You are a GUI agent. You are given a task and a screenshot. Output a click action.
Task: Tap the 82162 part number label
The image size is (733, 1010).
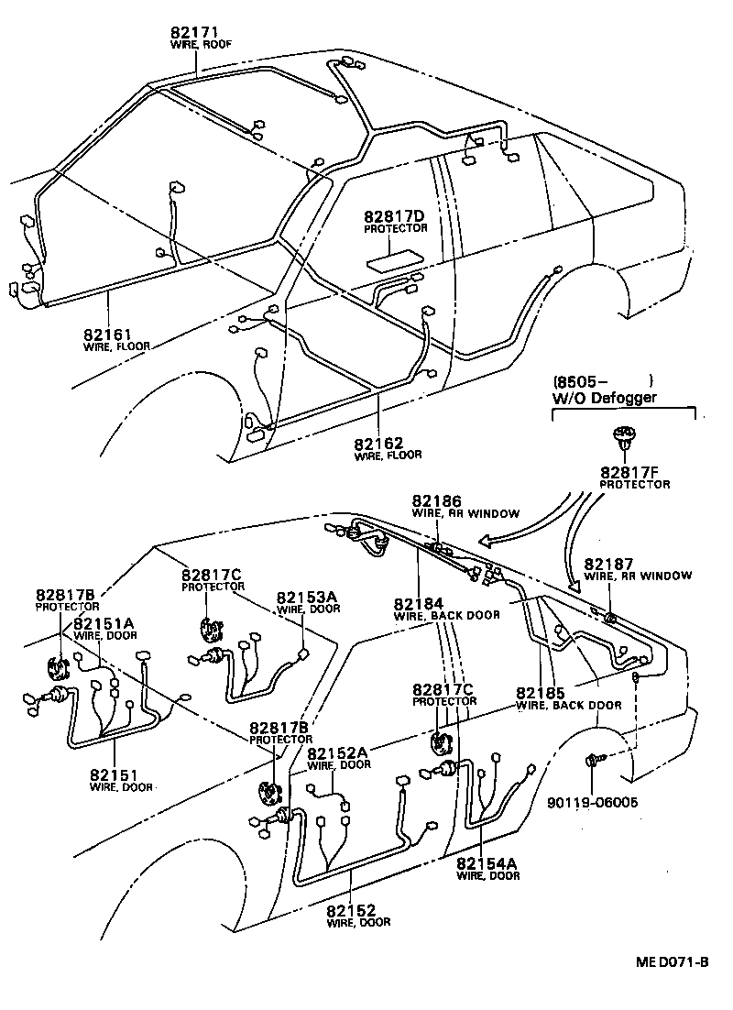click(380, 443)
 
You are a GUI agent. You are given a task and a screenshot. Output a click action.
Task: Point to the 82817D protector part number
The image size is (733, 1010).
click(395, 216)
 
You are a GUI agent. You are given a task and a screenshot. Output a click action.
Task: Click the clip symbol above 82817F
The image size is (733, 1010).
click(625, 436)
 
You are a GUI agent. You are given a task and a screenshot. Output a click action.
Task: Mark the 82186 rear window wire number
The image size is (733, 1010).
click(437, 501)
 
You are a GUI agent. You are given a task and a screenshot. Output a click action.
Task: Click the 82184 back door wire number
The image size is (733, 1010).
click(419, 604)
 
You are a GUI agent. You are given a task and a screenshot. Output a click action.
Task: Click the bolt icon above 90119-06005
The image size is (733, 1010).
click(593, 761)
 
